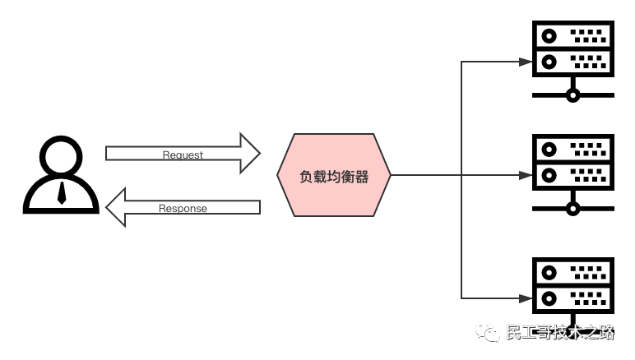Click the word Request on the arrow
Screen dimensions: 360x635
point(183,155)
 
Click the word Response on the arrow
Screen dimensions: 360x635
point(183,209)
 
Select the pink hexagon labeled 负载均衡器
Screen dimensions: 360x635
point(334,175)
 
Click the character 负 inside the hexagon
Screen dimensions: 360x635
point(307,176)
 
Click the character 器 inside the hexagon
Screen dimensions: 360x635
point(360,176)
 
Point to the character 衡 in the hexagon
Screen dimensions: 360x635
point(347,176)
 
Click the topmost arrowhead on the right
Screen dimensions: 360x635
point(526,62)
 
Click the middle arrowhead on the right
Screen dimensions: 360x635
point(526,175)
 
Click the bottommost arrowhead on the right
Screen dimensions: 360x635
point(526,298)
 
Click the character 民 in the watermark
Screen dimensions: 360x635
point(514,332)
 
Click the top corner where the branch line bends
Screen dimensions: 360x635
point(461,62)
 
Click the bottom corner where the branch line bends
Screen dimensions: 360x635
point(461,298)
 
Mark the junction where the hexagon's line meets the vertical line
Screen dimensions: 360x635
point(461,175)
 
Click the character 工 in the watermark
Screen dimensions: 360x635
point(532,332)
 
